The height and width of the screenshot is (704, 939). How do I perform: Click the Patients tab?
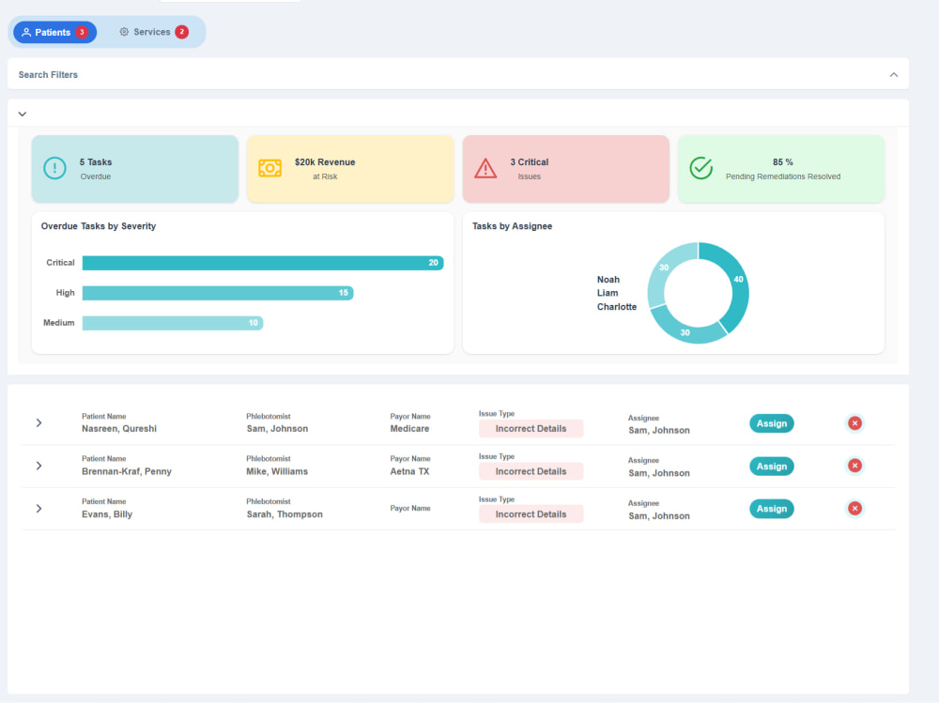(54, 32)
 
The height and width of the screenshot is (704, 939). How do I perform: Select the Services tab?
(153, 32)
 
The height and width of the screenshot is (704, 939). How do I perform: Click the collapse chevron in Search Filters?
(894, 75)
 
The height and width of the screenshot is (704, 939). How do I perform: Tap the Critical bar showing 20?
(263, 263)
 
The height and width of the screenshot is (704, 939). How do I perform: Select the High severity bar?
(218, 293)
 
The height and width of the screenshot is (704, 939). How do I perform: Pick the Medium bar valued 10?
(173, 323)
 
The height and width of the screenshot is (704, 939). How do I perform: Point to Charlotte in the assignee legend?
(616, 307)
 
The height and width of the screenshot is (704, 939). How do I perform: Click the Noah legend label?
(608, 280)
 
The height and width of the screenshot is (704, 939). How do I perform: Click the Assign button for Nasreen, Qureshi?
(771, 423)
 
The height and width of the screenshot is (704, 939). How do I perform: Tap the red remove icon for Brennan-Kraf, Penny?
(854, 466)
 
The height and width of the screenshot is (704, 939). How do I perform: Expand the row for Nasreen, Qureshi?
(38, 423)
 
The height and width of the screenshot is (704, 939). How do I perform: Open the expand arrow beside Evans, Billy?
(38, 509)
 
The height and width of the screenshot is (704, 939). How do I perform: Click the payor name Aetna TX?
(409, 472)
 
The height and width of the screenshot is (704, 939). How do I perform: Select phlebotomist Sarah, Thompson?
(285, 514)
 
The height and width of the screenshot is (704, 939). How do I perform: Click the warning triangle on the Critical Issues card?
(485, 168)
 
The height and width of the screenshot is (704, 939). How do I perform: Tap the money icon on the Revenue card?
(269, 168)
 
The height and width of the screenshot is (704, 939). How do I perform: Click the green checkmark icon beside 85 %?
(700, 168)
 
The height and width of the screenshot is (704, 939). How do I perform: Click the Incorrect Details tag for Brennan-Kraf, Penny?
(531, 471)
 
